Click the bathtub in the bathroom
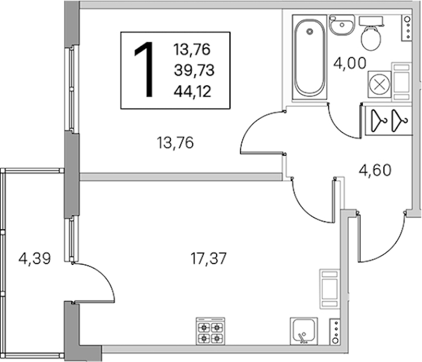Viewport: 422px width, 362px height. click(x=309, y=57)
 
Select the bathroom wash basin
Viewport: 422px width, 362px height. click(x=342, y=25)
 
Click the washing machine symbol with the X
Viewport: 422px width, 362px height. click(x=380, y=84)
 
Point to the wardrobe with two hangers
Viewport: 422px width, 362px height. click(x=389, y=121)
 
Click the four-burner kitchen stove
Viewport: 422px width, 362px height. click(x=211, y=331)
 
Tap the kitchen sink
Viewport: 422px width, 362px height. click(x=304, y=331)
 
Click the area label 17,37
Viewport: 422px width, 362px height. click(x=208, y=259)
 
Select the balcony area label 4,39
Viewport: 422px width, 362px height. click(x=34, y=259)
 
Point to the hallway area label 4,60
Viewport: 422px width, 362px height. click(x=375, y=170)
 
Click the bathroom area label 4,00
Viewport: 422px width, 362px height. click(x=350, y=63)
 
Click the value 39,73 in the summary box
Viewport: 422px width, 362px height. click(x=194, y=71)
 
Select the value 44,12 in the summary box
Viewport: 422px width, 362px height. click(x=193, y=92)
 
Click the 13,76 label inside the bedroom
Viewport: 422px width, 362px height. click(x=175, y=143)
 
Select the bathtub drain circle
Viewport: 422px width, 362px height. click(x=310, y=31)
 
